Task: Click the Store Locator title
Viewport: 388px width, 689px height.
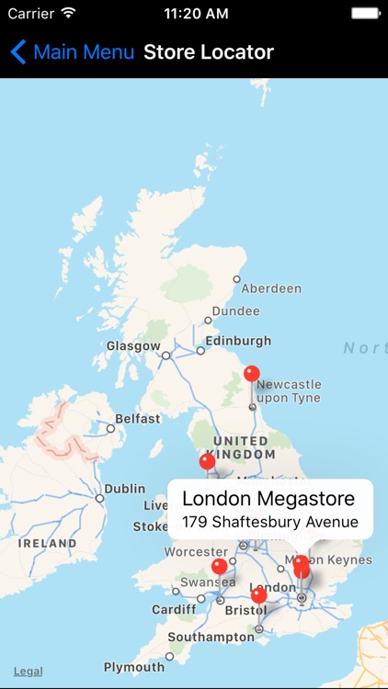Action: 209,51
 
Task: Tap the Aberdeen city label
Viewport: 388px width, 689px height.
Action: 271,288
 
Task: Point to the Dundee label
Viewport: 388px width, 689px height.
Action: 235,311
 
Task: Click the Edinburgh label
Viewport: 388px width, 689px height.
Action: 238,341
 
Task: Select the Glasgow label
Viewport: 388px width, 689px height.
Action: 133,346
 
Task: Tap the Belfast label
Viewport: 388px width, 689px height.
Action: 138,419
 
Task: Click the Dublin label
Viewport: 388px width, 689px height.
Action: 125,490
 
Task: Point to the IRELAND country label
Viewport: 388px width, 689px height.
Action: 48,544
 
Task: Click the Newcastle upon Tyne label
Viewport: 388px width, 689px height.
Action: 290,391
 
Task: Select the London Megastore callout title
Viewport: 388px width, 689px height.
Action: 268,499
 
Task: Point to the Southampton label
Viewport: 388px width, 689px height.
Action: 211,637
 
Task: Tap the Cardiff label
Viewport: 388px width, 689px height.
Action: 174,609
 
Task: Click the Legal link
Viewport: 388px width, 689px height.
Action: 28,672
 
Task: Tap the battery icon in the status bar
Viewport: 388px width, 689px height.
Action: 364,14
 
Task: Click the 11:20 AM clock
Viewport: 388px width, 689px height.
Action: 196,14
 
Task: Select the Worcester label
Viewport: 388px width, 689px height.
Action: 195,552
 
